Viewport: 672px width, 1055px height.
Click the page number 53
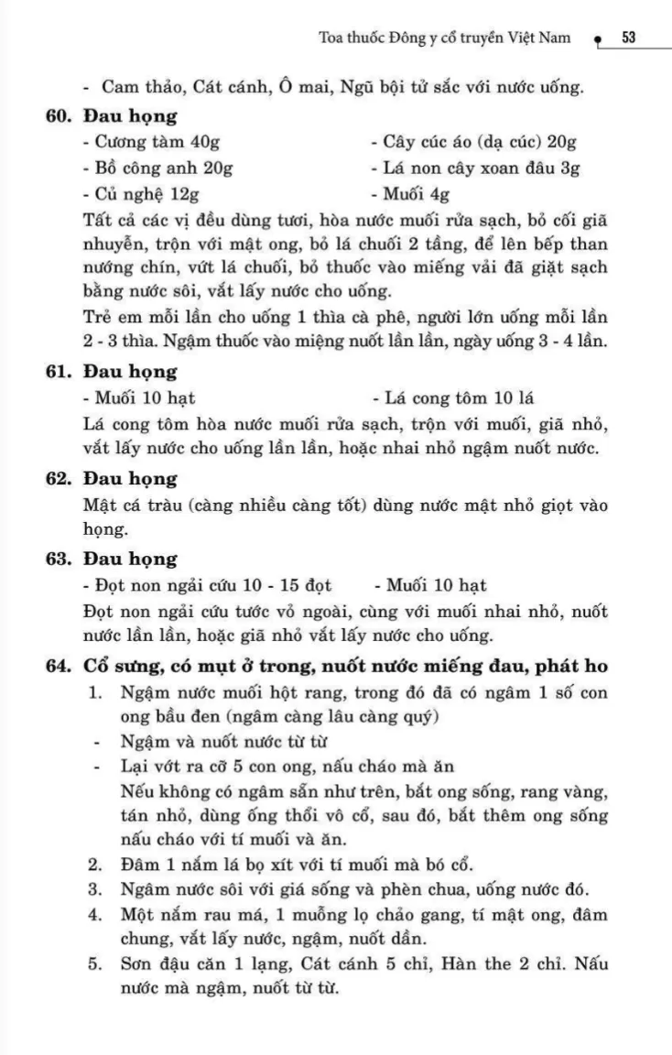point(629,38)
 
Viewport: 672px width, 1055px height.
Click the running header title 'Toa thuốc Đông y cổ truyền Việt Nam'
point(444,38)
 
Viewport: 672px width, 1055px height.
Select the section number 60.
point(60,116)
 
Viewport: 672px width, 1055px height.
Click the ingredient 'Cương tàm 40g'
point(150,142)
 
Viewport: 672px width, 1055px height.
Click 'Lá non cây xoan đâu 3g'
point(475,168)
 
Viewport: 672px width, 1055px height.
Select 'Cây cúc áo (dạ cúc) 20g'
point(473,142)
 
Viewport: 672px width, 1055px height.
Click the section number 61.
point(60,373)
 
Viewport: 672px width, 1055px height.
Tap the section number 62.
point(60,479)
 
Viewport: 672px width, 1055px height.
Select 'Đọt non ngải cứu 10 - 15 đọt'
point(207,585)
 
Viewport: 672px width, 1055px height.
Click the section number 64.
point(60,665)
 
